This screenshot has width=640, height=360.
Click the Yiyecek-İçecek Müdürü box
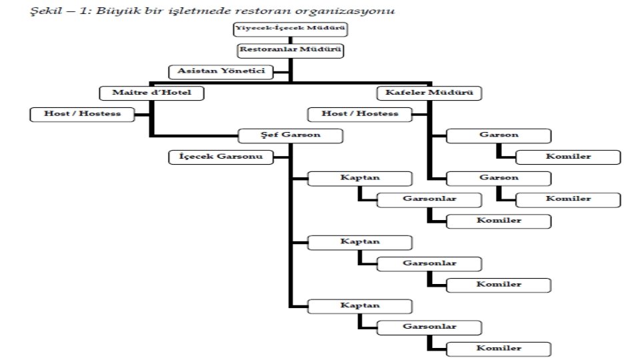pyautogui.click(x=290, y=29)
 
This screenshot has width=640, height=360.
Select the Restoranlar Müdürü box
pyautogui.click(x=291, y=50)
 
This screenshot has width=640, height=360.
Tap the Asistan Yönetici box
pyautogui.click(x=221, y=71)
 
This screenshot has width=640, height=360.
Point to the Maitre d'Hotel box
pyautogui.click(x=152, y=93)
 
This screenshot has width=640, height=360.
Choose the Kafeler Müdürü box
pyautogui.click(x=429, y=93)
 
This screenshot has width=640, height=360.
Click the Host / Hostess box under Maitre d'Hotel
pyautogui.click(x=83, y=114)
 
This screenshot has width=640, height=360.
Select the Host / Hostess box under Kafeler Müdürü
pyautogui.click(x=360, y=114)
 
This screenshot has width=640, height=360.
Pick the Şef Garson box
pyautogui.click(x=291, y=136)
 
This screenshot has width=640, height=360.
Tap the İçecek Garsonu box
pyautogui.click(x=221, y=157)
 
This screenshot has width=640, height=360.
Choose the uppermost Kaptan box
pyautogui.click(x=360, y=179)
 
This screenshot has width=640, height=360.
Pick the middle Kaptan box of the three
pyautogui.click(x=360, y=241)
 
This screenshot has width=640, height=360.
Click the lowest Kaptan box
pyautogui.click(x=360, y=305)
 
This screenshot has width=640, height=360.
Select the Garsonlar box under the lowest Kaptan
pyautogui.click(x=429, y=327)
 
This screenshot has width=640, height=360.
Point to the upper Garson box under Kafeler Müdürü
pyautogui.click(x=499, y=136)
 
